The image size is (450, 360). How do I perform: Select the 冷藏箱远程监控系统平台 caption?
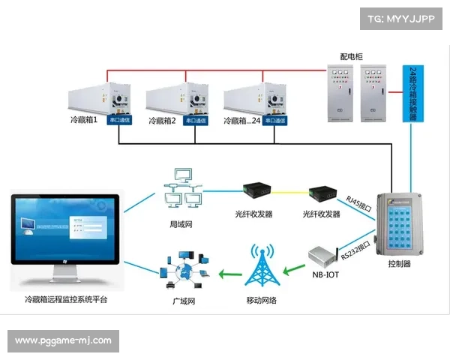66,300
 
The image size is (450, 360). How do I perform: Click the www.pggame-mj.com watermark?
63,341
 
